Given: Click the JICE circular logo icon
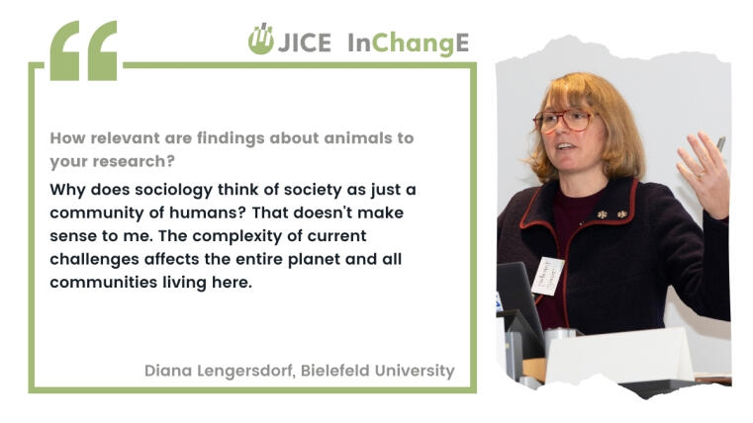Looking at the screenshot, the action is pyautogui.click(x=261, y=39).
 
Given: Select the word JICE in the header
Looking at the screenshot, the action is pyautogui.click(x=305, y=42).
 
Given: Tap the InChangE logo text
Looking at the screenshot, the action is pyautogui.click(x=409, y=43).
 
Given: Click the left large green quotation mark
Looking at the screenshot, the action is pyautogui.click(x=64, y=50).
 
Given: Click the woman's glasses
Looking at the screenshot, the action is pyautogui.click(x=563, y=121).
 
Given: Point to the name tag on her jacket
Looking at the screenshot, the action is pyautogui.click(x=547, y=276).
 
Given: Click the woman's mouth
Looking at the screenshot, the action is pyautogui.click(x=565, y=146).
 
